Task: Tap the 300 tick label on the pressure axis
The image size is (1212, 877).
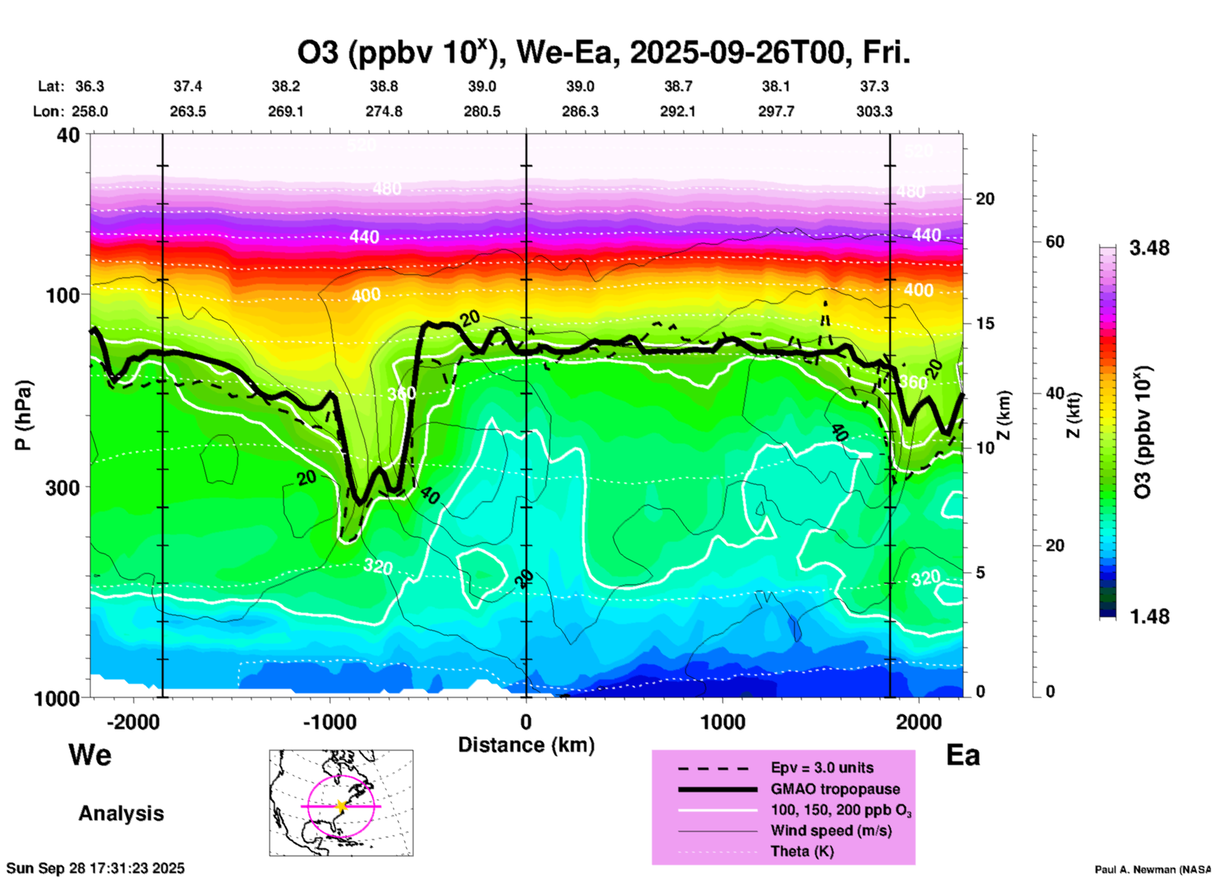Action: [x=63, y=488]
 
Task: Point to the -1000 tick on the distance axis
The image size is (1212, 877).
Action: [x=330, y=722]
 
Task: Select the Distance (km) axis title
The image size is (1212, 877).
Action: [x=526, y=745]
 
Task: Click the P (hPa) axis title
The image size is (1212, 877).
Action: [x=23, y=415]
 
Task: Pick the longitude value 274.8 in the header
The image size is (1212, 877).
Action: [x=384, y=112]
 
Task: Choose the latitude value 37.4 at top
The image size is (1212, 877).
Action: [x=188, y=86]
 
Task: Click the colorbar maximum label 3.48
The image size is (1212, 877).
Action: [x=1149, y=249]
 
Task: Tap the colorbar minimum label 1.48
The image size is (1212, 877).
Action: [x=1149, y=617]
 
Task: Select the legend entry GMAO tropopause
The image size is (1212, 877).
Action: [x=835, y=789]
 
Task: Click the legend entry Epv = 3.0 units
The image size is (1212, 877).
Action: [x=822, y=768]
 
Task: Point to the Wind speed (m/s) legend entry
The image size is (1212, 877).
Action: [x=831, y=830]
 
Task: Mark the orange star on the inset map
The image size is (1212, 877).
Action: [x=341, y=806]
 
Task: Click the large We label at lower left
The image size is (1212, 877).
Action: [x=90, y=754]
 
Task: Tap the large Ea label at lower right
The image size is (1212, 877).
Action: [x=963, y=755]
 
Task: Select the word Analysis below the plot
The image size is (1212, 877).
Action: [x=121, y=813]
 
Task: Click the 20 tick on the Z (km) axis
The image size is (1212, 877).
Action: [x=985, y=199]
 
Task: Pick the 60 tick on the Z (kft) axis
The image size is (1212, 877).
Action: [x=1055, y=242]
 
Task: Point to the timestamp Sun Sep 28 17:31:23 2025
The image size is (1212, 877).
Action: [x=96, y=868]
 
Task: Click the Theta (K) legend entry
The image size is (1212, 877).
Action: [x=802, y=851]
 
